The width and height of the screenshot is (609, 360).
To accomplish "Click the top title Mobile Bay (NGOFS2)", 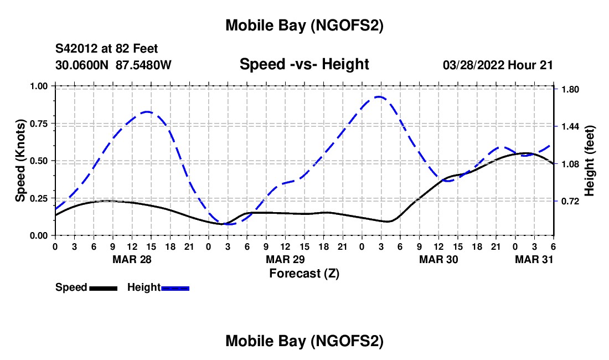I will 304,25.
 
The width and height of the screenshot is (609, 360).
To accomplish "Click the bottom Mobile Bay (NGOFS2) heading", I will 304,341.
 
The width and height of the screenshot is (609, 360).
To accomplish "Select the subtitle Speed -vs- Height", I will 304,65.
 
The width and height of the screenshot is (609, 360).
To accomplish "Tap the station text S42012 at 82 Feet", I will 107,49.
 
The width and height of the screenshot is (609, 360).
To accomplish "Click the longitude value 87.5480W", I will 143,65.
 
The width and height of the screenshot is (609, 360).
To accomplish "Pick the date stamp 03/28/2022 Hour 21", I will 498,65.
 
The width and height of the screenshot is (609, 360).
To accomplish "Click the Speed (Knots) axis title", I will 20,161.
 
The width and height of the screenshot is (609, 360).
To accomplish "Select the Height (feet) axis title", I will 589,161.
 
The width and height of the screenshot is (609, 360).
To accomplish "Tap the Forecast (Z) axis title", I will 304,273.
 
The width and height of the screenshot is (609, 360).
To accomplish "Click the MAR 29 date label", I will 285,259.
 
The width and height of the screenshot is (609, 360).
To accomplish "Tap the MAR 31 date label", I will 533,259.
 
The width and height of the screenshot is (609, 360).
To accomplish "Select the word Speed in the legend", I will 71,287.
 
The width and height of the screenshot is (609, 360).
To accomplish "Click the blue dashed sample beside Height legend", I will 176,288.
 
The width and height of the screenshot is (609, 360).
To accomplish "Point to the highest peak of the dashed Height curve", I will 379,97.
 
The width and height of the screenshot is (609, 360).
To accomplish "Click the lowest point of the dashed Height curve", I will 229,224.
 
